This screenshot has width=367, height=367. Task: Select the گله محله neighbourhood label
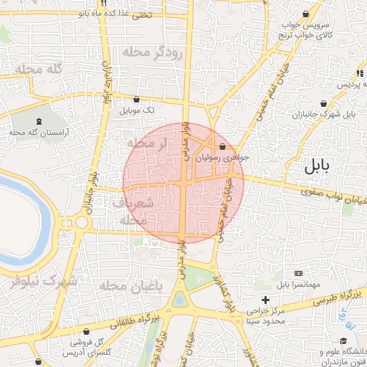click(38, 69)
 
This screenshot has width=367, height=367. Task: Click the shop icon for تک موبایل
click(136, 99)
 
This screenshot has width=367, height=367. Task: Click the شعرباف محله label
click(135, 212)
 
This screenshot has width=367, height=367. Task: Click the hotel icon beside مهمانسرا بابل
click(298, 273)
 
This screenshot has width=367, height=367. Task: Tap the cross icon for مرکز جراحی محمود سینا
click(266, 299)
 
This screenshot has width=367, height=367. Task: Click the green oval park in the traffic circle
click(180, 300)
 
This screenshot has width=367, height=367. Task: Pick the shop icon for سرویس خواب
click(307, 14)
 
